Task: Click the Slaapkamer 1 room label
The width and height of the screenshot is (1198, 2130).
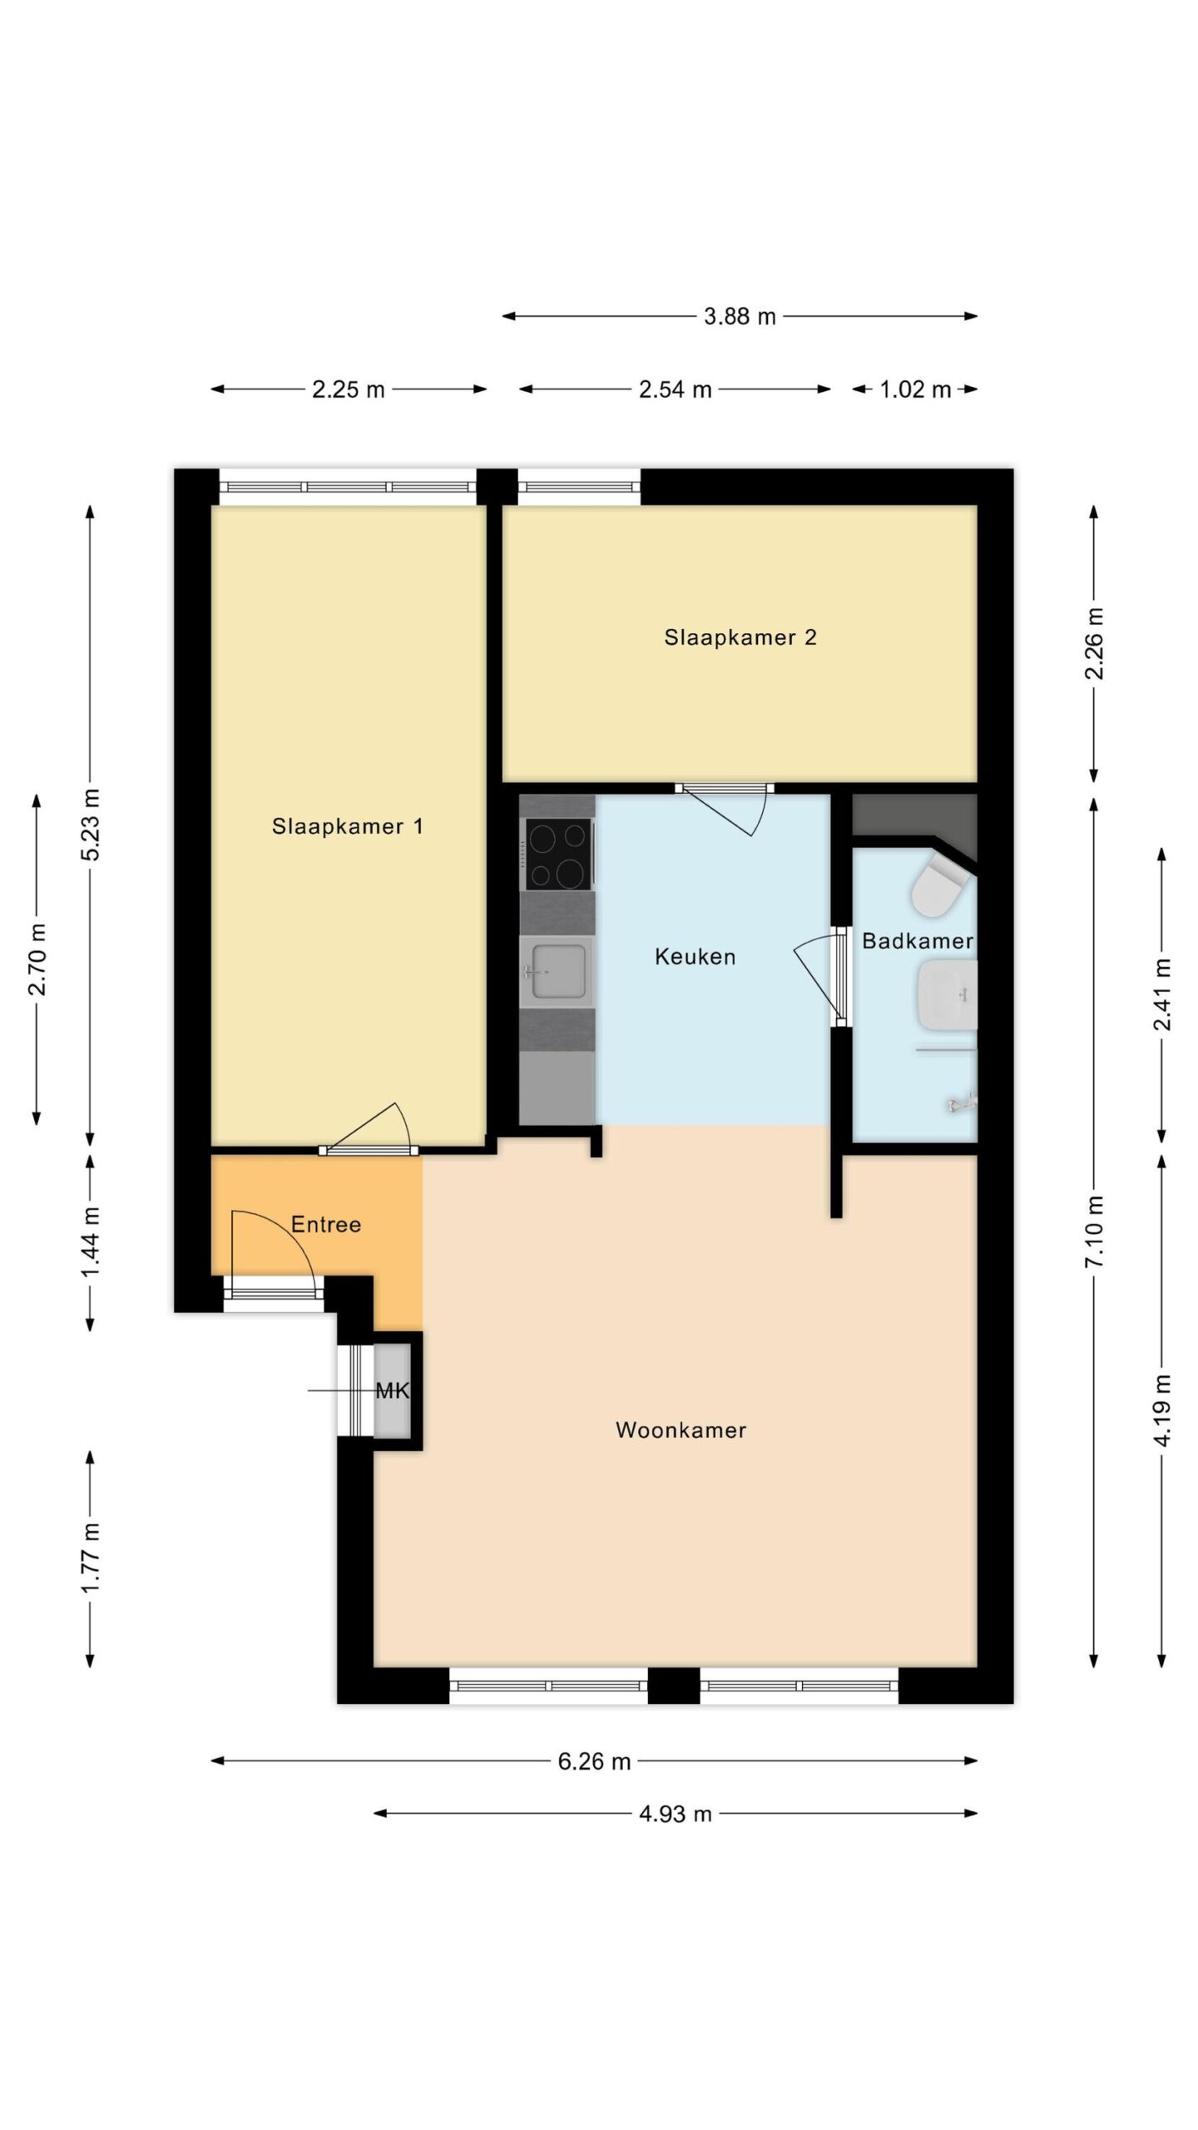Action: click(x=347, y=826)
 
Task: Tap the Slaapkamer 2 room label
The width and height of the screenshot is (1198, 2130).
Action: click(x=740, y=637)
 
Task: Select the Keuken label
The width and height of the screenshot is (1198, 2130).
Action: click(x=695, y=957)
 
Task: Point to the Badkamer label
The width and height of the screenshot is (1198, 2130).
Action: click(x=917, y=941)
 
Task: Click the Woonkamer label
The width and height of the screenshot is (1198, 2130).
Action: click(x=681, y=1430)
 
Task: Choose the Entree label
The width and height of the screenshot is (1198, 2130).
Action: click(x=326, y=1225)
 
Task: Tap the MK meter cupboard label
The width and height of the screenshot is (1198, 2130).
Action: click(x=393, y=1390)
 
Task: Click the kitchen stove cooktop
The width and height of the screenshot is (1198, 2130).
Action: click(x=559, y=854)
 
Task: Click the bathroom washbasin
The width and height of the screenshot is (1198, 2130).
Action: click(x=947, y=995)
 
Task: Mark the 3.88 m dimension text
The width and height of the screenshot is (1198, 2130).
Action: click(x=740, y=316)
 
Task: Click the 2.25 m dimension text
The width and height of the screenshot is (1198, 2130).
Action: click(x=348, y=389)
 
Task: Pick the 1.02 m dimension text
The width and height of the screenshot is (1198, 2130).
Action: click(x=915, y=389)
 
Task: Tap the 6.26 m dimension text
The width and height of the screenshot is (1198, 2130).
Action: click(x=594, y=1761)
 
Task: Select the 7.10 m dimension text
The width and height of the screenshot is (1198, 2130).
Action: click(x=1095, y=1231)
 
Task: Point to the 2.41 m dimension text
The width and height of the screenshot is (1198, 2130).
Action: click(x=1162, y=994)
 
